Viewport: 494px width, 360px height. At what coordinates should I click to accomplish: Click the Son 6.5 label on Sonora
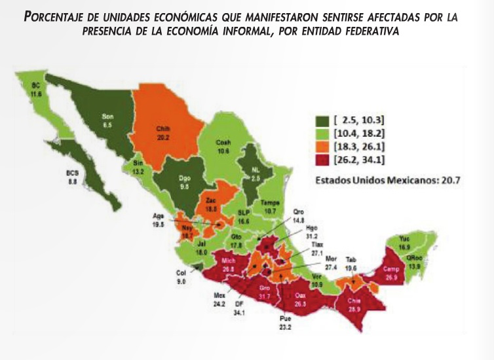pos(107,120)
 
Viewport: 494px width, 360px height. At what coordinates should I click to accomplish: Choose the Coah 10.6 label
pos(224,146)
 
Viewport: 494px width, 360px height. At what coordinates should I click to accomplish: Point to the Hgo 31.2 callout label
pos(313,232)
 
